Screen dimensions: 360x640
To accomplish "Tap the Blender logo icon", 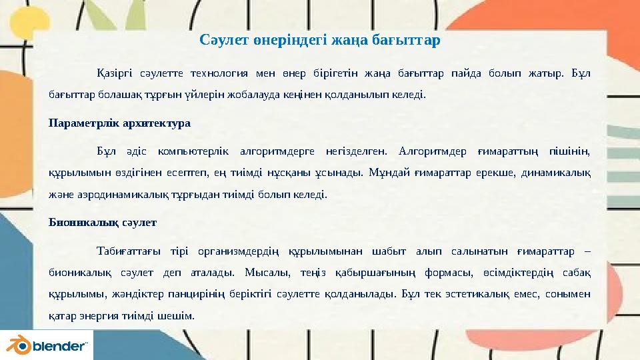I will click(x=17, y=345).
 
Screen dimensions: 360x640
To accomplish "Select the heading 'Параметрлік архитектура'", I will click(x=120, y=123).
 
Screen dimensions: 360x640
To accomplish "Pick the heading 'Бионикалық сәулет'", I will click(x=103, y=223).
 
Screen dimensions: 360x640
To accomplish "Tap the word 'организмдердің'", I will click(x=241, y=251).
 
